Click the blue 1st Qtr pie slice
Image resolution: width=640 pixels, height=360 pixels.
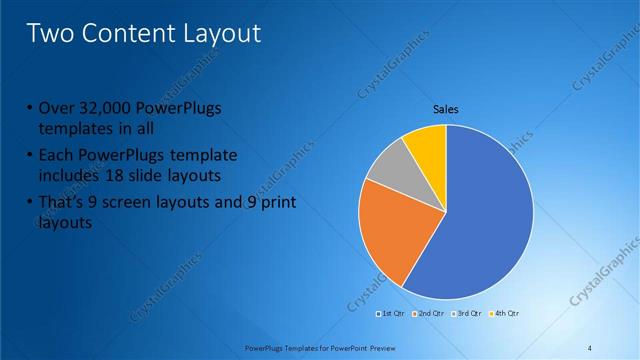480,220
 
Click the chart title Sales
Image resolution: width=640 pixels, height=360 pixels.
445,110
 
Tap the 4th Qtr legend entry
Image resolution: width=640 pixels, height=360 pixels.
504,313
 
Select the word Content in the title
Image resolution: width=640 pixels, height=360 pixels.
133,33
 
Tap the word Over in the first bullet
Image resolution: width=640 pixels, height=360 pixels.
54,109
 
